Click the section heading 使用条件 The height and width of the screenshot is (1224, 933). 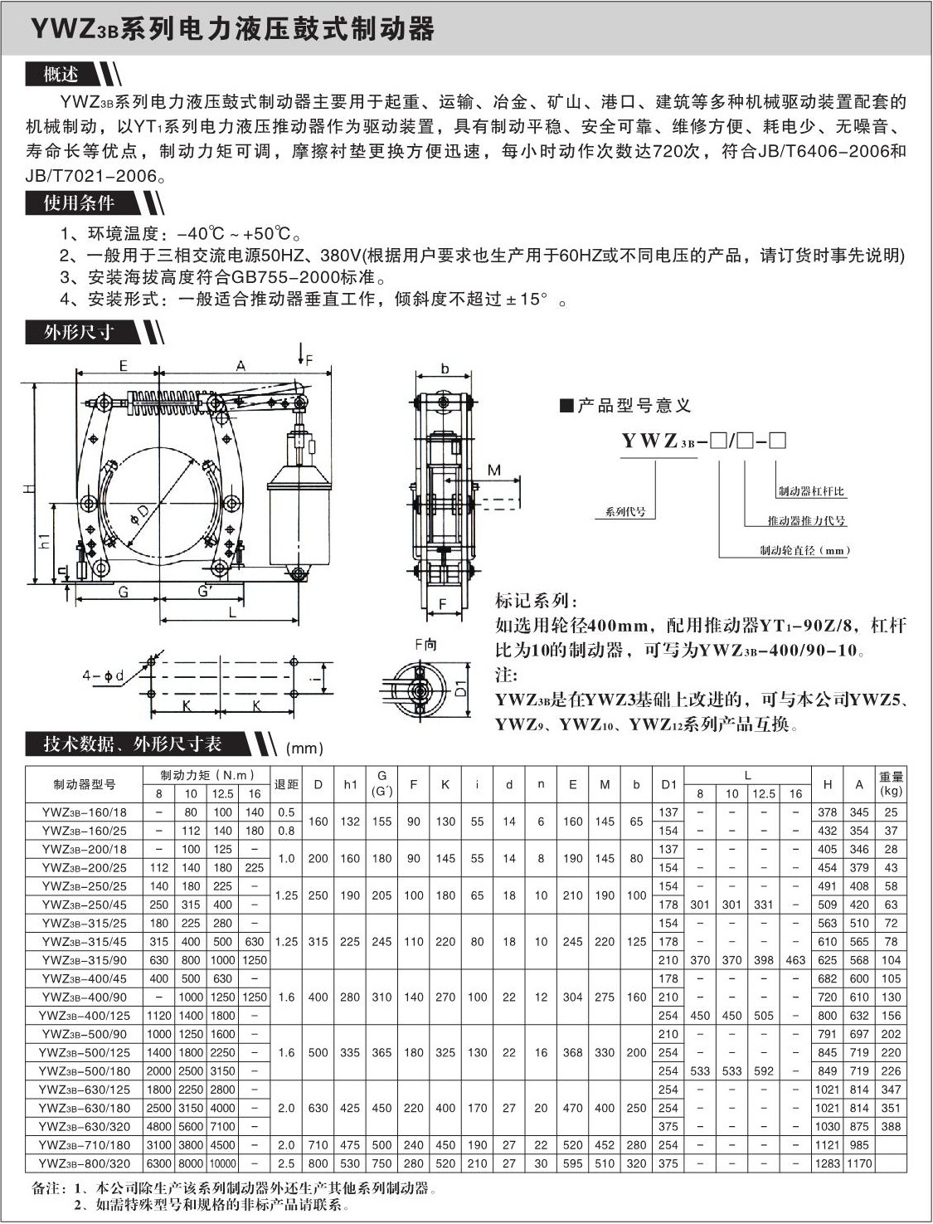pos(79,203)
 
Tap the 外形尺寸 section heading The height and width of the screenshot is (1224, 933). pos(79,333)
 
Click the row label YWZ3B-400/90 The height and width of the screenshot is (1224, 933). pos(84,997)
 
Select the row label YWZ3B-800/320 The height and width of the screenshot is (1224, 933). pos(84,1163)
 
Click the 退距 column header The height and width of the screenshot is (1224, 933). pos(286,783)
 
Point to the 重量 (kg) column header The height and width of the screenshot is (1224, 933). pos(891,783)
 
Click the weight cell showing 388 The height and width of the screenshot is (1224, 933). pos(891,1126)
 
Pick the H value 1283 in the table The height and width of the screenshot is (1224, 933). pos(828,1163)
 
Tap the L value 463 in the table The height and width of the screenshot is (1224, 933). pos(795,959)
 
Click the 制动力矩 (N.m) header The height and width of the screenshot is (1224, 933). pos(207,775)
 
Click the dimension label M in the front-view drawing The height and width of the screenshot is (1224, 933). pos(493,471)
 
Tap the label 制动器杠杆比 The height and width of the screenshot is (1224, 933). pos(810,491)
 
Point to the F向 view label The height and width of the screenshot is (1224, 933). pos(425,645)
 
